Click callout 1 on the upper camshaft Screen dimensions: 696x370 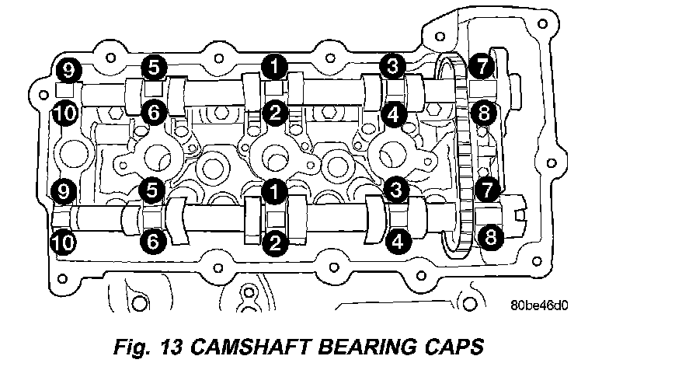pos(273,67)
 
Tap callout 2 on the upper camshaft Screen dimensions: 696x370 pos(273,113)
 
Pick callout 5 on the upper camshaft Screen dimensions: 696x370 pos(153,67)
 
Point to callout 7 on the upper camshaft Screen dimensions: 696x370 pos(483,67)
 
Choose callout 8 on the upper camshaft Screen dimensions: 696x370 pos(483,114)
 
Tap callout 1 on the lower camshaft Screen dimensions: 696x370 pos(273,189)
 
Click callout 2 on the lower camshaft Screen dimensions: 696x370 pos(273,243)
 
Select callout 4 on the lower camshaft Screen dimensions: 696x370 pos(397,242)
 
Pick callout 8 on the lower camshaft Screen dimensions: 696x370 pos(489,238)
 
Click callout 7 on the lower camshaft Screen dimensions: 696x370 pos(486,189)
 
